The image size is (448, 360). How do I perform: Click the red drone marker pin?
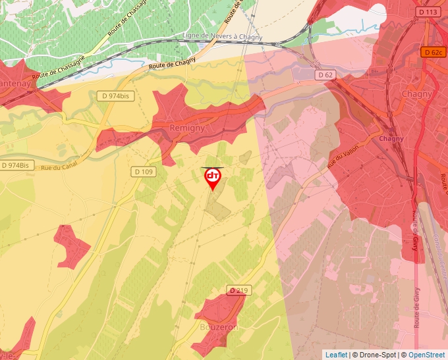coord(212,178)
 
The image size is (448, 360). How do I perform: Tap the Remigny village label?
coord(187,128)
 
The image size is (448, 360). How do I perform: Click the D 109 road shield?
coord(144,172)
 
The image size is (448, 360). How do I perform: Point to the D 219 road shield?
coord(239,290)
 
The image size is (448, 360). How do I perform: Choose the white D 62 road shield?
coord(325,75)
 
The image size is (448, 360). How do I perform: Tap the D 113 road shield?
coord(428,12)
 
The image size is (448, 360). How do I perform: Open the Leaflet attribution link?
coord(336,355)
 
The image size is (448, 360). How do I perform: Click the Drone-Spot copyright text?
coord(376,355)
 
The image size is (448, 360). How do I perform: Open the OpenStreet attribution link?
coord(426,355)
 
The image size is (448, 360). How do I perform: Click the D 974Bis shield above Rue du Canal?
coord(15,165)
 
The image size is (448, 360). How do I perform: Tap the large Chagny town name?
coord(417,93)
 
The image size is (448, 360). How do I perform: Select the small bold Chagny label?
coord(391,139)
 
